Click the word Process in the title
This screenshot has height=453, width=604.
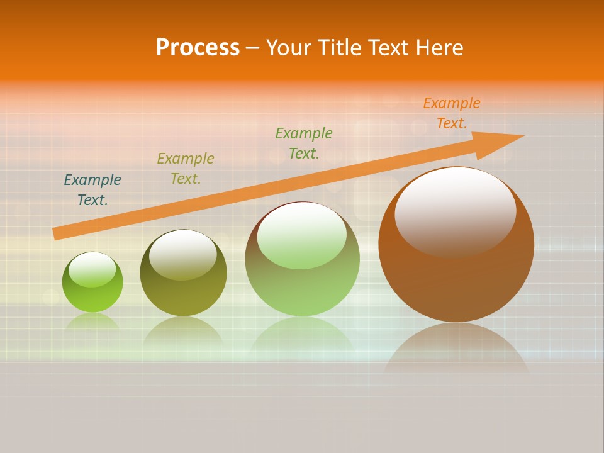coord(198,48)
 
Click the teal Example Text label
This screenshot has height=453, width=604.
coord(92,190)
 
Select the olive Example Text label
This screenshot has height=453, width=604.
coord(186,169)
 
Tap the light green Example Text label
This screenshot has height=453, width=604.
coord(304,143)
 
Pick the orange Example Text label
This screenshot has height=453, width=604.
coord(452,113)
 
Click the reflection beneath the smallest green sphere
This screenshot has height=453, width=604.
coord(92,322)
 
